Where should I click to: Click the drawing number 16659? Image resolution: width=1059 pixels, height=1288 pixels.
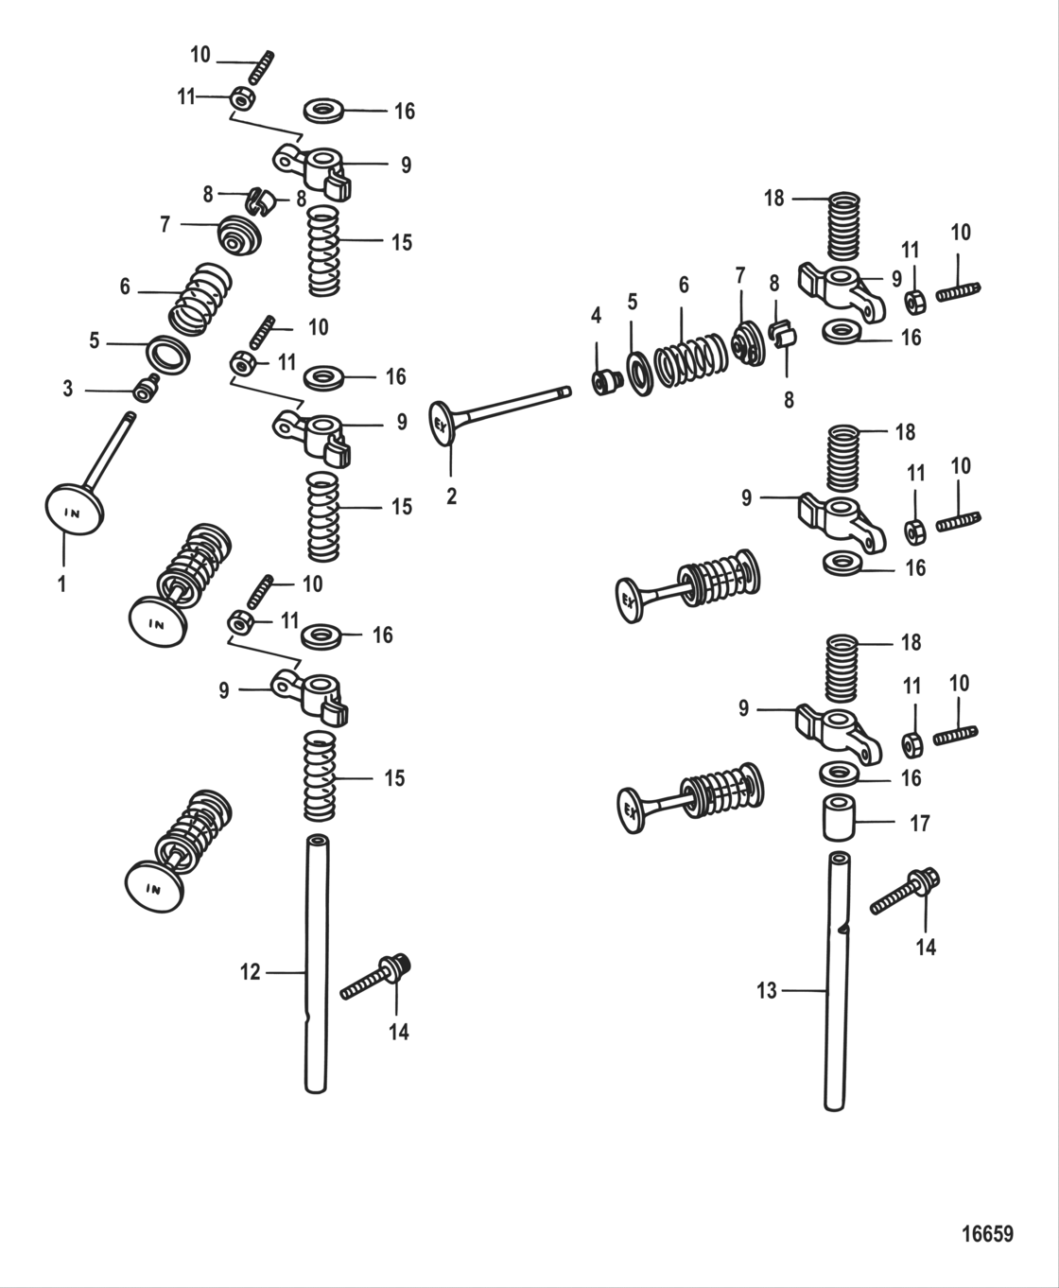pos(986,1233)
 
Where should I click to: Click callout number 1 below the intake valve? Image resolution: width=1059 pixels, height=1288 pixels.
pos(62,584)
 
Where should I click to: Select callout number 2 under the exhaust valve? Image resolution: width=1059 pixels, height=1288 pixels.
pos(451,496)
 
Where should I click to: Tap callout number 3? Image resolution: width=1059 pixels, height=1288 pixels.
pos(67,389)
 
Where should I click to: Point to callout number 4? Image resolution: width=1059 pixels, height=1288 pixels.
pos(596,314)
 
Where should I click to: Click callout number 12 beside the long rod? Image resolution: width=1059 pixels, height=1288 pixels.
pos(250,971)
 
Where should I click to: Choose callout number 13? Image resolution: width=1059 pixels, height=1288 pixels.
pos(766,990)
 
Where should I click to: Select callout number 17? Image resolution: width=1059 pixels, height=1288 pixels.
pos(919,823)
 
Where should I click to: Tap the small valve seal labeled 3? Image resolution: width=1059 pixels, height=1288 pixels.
pos(145,388)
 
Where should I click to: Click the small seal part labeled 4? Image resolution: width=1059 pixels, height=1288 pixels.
pos(602,382)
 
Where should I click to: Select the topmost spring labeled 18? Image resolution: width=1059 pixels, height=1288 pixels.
pos(843,226)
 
